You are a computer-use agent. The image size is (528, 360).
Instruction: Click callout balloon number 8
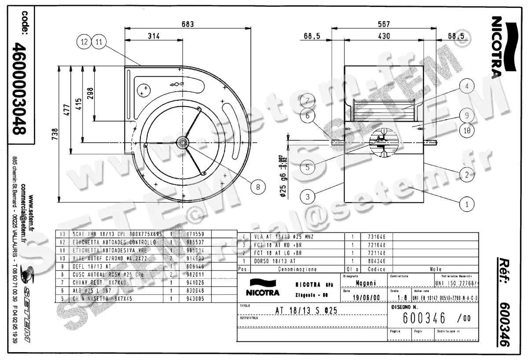tap(259, 187)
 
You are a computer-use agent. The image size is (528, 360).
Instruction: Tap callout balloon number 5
tap(308, 167)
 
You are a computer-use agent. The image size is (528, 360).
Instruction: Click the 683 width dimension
tap(187, 25)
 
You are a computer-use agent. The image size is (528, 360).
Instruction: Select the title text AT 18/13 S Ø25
tap(306, 310)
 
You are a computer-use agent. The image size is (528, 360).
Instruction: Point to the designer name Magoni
tap(365, 284)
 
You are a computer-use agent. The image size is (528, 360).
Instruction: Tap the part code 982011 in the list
tap(196, 274)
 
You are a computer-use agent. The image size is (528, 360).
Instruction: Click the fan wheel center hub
tap(182, 143)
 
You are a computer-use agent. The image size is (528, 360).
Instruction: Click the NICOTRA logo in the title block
tap(263, 288)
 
